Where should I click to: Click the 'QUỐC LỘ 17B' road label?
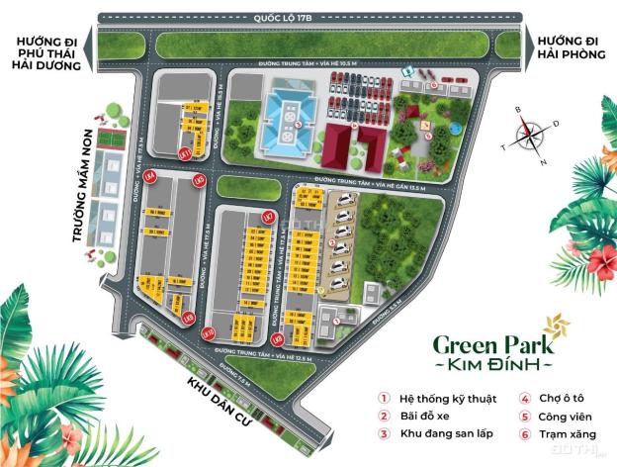pos(308,15)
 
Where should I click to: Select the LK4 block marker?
pos(150,176)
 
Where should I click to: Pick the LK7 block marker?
pos(265,216)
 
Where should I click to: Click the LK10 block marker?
pos(207,332)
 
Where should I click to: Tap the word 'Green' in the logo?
pos(465,345)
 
